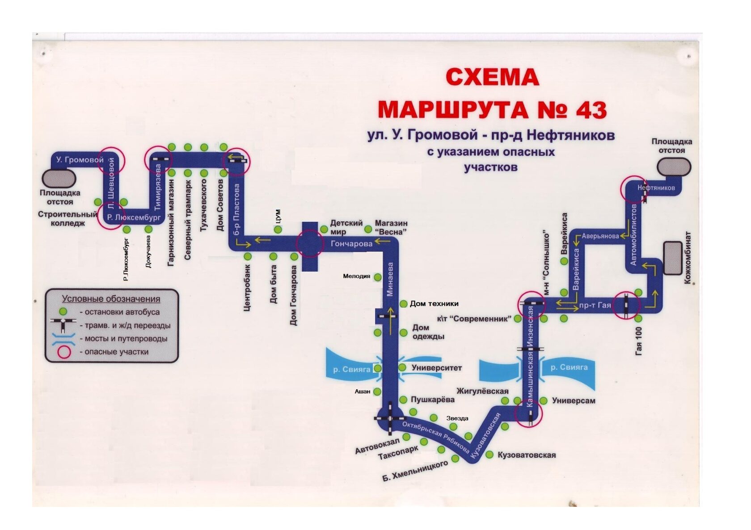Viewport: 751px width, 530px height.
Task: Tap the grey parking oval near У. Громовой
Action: click(59, 178)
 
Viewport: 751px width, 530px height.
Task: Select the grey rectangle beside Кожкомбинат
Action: click(672, 258)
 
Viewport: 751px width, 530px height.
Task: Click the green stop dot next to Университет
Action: click(402, 367)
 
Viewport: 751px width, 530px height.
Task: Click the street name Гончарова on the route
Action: click(351, 244)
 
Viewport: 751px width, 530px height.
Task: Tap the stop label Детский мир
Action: click(346, 227)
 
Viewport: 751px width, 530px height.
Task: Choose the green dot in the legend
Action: click(64, 311)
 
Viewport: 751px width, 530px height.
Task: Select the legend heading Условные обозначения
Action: click(111, 299)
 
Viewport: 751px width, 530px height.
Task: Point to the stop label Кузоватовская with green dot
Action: click(526, 455)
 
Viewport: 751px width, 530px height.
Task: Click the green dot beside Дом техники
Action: click(403, 304)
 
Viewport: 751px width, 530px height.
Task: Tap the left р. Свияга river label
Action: click(352, 369)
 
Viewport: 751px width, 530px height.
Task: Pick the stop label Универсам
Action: click(574, 401)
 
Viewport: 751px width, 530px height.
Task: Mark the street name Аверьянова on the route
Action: click(600, 236)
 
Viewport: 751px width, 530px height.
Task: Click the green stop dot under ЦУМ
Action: click(278, 230)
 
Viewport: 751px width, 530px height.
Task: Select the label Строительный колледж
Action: click(67, 218)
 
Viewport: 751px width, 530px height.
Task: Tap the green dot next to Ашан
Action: click(377, 392)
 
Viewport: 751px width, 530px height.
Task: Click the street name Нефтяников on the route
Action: click(656, 188)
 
